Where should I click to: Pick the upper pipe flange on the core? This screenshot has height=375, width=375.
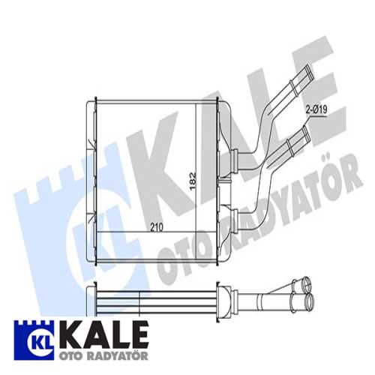(x=234, y=157)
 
